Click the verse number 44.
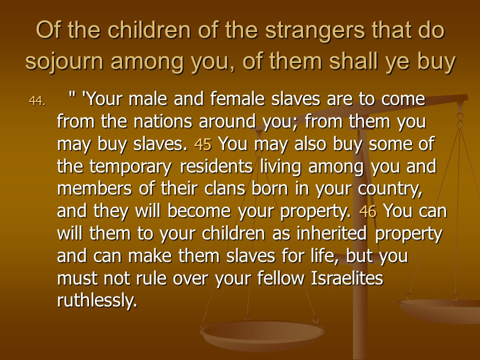37,100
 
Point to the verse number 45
202,144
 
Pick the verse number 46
367,211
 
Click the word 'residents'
216,166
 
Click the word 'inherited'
331,233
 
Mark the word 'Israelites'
347,278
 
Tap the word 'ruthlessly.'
97,300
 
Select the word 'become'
199,211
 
